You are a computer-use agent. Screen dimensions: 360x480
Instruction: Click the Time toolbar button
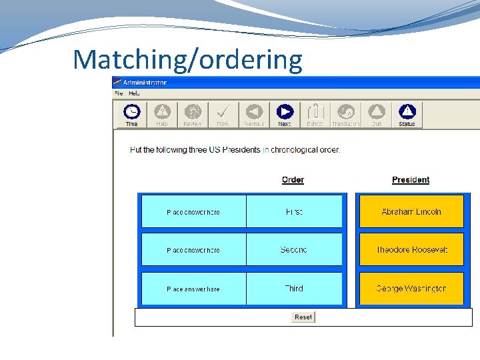pyautogui.click(x=132, y=114)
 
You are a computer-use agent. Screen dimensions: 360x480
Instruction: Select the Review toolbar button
pyautogui.click(x=193, y=114)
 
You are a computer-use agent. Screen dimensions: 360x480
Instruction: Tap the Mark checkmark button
pyautogui.click(x=223, y=114)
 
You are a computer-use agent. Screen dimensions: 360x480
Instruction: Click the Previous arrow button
pyautogui.click(x=254, y=114)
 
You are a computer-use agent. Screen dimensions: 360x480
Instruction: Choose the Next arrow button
pyautogui.click(x=285, y=114)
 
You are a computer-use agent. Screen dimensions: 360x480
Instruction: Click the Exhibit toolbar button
pyautogui.click(x=315, y=114)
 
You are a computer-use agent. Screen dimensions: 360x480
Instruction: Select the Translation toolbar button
pyautogui.click(x=345, y=114)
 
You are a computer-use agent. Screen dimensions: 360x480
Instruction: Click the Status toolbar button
pyautogui.click(x=407, y=114)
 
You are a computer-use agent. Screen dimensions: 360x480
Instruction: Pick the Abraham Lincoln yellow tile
pyautogui.click(x=411, y=211)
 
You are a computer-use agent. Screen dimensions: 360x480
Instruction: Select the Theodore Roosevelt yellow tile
pyautogui.click(x=411, y=250)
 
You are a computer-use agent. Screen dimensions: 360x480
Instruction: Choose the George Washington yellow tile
pyautogui.click(x=411, y=289)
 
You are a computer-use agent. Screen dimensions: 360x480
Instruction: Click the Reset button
pyautogui.click(x=303, y=317)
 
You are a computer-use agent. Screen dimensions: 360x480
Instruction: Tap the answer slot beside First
pyautogui.click(x=193, y=212)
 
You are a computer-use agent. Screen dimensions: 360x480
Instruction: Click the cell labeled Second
pyautogui.click(x=294, y=250)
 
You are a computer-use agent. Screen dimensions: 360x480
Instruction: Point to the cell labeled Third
pyautogui.click(x=294, y=289)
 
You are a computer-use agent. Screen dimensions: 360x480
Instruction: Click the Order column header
pyautogui.click(x=293, y=180)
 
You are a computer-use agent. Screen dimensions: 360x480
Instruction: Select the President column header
pyautogui.click(x=411, y=180)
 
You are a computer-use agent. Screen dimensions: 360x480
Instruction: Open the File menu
pyautogui.click(x=119, y=94)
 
